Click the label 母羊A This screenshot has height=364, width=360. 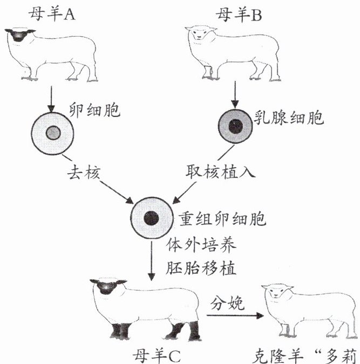pyautogui.click(x=52, y=15)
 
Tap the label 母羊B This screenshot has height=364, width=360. pyautogui.click(x=239, y=15)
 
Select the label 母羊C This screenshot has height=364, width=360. pyautogui.click(x=157, y=356)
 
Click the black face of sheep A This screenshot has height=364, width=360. pyautogui.click(x=18, y=35)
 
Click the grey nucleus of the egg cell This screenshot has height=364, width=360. pyautogui.click(x=53, y=133)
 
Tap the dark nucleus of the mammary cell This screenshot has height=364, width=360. pyautogui.click(x=236, y=127)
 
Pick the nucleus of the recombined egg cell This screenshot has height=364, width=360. pyautogui.click(x=151, y=218)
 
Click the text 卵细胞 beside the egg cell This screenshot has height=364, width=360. pyautogui.click(x=95, y=110)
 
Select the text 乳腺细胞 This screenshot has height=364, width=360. pyautogui.click(x=289, y=118)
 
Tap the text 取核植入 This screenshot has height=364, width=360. pyautogui.click(x=220, y=172)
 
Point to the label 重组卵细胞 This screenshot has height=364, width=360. pyautogui.click(x=222, y=219)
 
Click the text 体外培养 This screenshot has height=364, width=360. pyautogui.click(x=201, y=245)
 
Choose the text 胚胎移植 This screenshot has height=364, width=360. pyautogui.click(x=201, y=268)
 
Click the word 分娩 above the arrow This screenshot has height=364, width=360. pyautogui.click(x=228, y=303)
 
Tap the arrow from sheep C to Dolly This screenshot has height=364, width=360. pyautogui.click(x=235, y=315)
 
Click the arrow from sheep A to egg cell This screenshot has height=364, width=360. pyautogui.click(x=51, y=99)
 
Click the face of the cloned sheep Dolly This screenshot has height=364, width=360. pyautogui.click(x=276, y=292)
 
